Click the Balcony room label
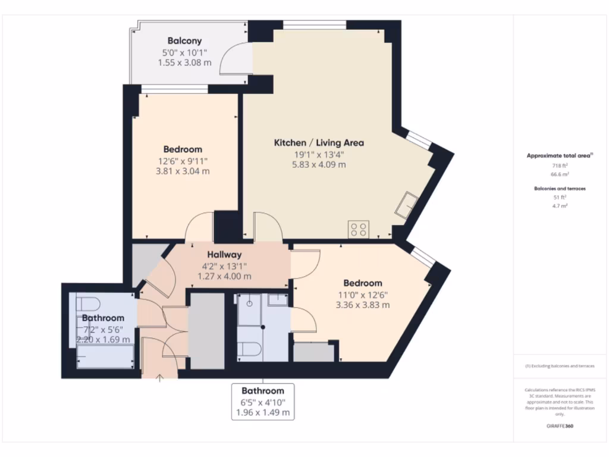(x=184, y=41)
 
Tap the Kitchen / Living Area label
(x=319, y=143)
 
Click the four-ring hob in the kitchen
(x=359, y=229)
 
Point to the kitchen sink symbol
(x=408, y=204)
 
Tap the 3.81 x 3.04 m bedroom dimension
(x=183, y=171)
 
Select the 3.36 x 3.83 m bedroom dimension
(x=362, y=305)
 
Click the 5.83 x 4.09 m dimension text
(x=319, y=165)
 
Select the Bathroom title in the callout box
(x=262, y=391)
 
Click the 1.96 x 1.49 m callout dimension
(x=262, y=412)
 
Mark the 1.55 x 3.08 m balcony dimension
(x=184, y=62)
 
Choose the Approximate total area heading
(x=559, y=155)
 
